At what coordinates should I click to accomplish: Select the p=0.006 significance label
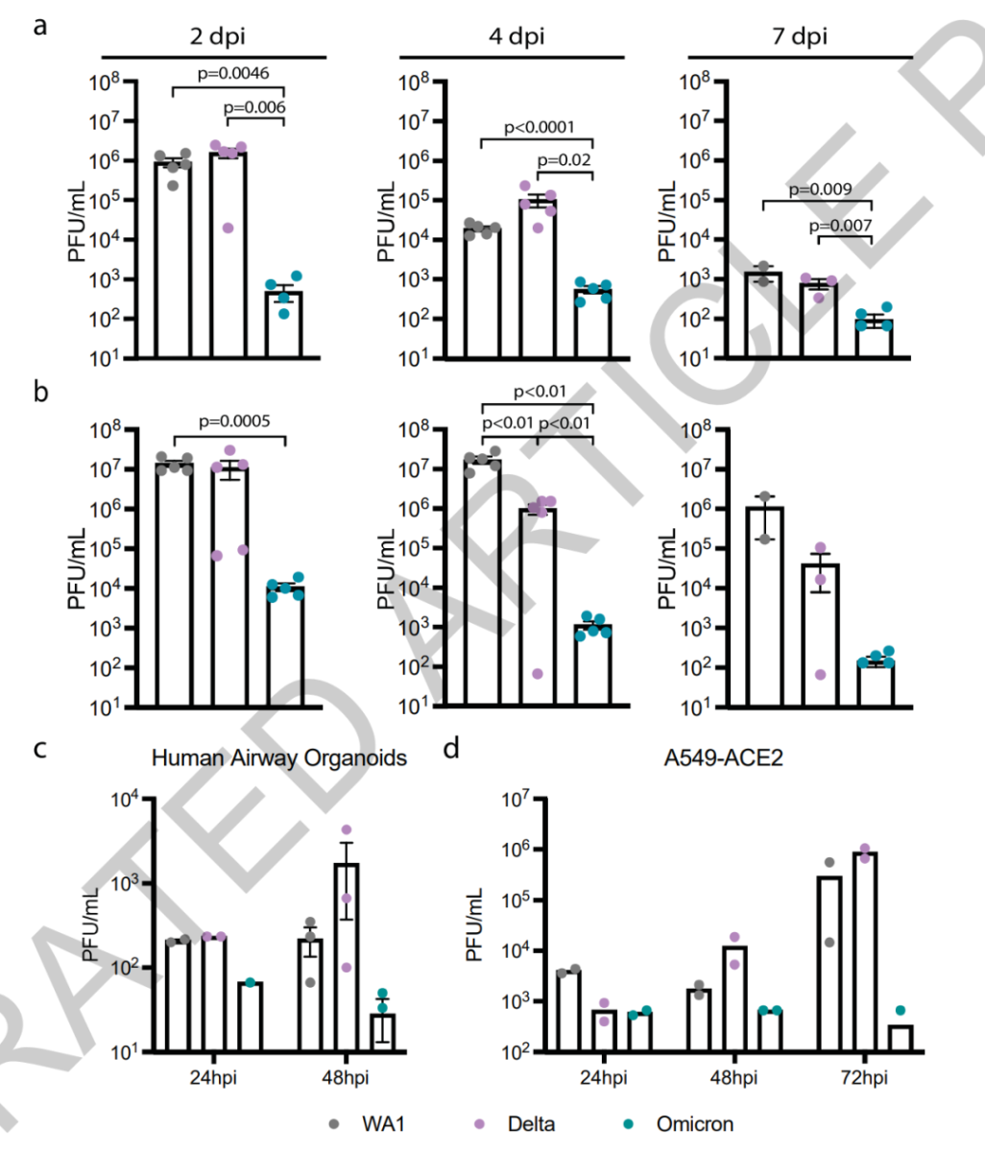(x=255, y=108)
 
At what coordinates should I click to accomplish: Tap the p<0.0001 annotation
(x=538, y=127)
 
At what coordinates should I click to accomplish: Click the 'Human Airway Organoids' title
(x=279, y=758)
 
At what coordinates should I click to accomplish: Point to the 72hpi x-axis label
(x=860, y=1078)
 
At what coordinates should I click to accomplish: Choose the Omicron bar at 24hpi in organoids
(x=250, y=1018)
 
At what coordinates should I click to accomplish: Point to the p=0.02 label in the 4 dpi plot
(x=565, y=160)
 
